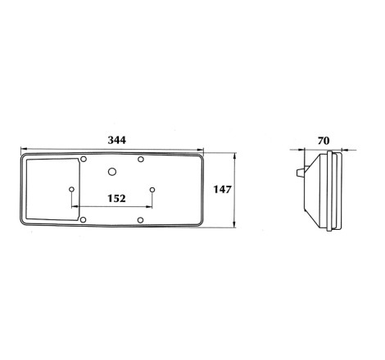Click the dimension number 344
coord(117,140)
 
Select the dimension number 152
coord(116,199)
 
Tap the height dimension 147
coord(222,190)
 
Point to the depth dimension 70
coord(324,141)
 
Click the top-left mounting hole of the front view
coord(84,159)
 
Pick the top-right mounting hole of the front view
coord(141,159)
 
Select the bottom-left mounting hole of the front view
coord(84,219)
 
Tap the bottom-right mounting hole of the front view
coord(140,220)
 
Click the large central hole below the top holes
coord(112,172)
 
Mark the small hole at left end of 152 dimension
coord(71,189)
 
